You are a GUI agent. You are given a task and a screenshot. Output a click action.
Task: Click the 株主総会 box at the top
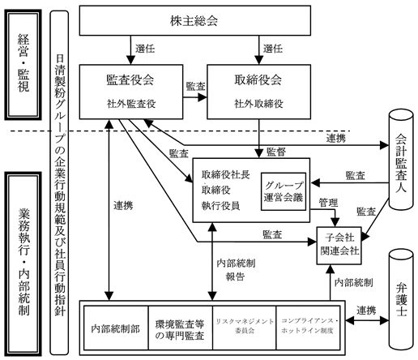pyautogui.click(x=195, y=19)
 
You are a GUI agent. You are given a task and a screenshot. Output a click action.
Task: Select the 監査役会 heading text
pyautogui.click(x=130, y=81)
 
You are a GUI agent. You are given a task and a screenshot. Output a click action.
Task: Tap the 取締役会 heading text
pyautogui.click(x=257, y=81)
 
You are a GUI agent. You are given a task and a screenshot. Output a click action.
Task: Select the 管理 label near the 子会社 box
pyautogui.click(x=328, y=201)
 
